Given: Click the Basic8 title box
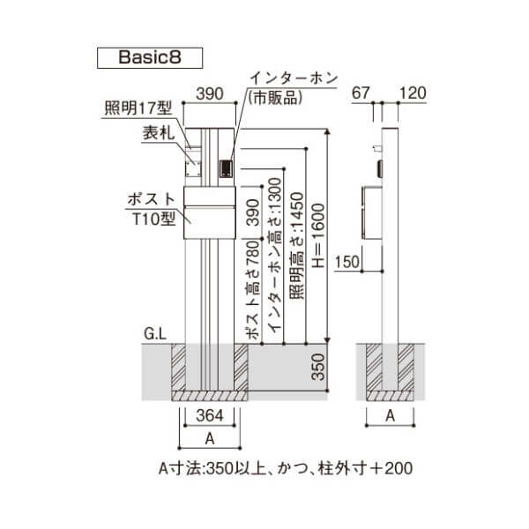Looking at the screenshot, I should [x=149, y=56].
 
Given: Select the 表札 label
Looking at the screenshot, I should [x=157, y=134].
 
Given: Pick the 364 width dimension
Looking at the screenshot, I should [x=210, y=415].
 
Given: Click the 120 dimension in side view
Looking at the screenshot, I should [x=414, y=92].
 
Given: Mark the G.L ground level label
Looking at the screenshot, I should [x=155, y=334].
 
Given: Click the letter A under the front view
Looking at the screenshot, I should [x=209, y=438].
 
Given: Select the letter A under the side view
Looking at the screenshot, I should [x=390, y=417].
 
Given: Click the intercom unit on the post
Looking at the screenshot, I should [x=226, y=168].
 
